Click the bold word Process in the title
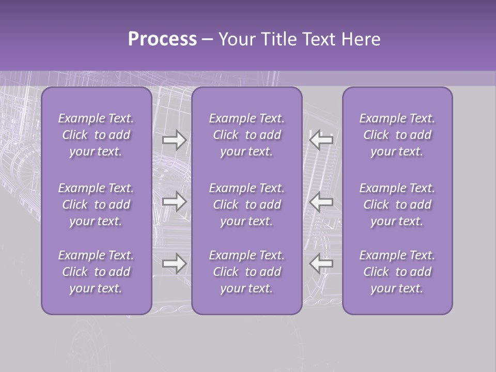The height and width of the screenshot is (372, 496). click(x=162, y=39)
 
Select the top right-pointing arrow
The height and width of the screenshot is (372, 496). click(x=175, y=140)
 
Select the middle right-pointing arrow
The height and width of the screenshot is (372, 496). click(x=175, y=202)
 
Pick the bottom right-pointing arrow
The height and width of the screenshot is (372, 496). click(x=175, y=263)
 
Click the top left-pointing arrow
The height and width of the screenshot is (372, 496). click(x=321, y=139)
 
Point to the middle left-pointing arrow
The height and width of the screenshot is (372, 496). click(x=321, y=202)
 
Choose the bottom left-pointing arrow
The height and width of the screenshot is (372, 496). click(x=321, y=263)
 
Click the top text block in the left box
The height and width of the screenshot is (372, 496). click(x=96, y=135)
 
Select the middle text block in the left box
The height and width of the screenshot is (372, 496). click(x=96, y=205)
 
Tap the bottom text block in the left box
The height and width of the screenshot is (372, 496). click(x=96, y=272)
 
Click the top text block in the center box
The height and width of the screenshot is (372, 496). click(x=247, y=135)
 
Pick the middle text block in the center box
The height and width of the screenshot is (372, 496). click(x=247, y=205)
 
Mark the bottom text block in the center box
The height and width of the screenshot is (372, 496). click(x=247, y=272)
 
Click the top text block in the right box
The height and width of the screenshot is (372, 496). click(x=397, y=135)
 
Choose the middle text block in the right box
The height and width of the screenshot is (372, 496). click(x=397, y=205)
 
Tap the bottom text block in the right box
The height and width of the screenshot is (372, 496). click(x=397, y=272)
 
